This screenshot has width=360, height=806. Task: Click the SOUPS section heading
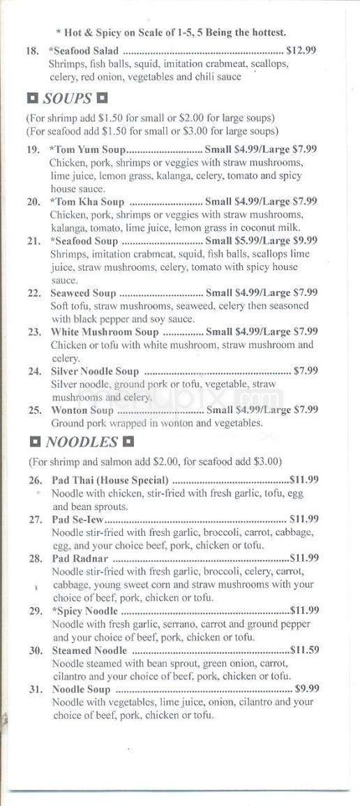(x=68, y=98)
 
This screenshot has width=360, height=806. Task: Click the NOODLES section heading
(x=81, y=442)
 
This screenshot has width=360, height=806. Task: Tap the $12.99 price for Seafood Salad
(x=301, y=51)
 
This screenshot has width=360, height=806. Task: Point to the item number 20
(x=33, y=202)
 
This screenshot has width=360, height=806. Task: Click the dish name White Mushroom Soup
(x=105, y=332)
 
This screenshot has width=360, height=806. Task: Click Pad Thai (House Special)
(x=110, y=479)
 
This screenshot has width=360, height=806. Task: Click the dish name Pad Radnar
(x=79, y=558)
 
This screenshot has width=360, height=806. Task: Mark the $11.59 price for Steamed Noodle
(x=304, y=650)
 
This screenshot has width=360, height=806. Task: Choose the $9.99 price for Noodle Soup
(x=307, y=689)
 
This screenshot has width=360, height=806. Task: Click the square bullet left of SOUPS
(x=32, y=98)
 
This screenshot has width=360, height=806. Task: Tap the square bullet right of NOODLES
(x=128, y=442)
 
